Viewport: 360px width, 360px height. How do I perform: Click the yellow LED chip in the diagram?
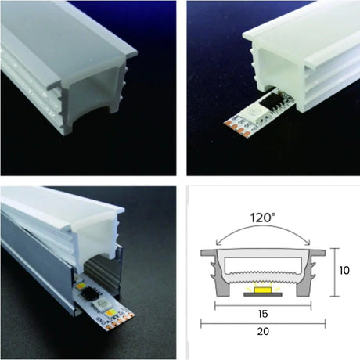point(258,290)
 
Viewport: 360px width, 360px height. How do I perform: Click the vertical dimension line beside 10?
point(333,272)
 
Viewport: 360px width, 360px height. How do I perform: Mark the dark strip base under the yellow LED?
point(258,296)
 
